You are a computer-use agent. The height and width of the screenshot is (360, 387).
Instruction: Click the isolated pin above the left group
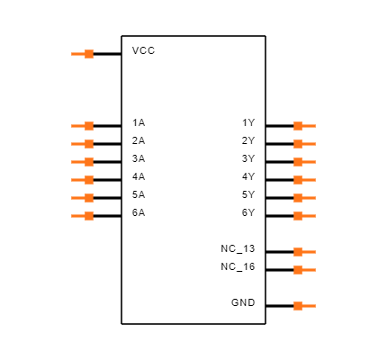point(83,54)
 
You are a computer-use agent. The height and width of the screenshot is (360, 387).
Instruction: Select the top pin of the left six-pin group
point(83,126)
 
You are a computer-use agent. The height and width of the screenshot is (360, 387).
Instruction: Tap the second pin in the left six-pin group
point(83,144)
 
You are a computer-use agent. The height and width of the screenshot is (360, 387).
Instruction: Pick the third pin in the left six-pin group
point(83,162)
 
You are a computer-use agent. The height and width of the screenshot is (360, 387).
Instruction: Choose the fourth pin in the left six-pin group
point(83,180)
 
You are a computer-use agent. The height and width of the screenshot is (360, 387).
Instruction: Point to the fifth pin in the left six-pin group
point(83,198)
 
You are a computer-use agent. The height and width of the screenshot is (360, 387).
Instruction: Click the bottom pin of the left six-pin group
point(83,216)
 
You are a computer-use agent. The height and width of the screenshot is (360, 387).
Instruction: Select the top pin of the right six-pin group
point(304,126)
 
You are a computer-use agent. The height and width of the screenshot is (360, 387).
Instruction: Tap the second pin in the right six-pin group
point(304,144)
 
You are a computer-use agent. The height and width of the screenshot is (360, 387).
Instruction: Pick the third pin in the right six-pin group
point(304,162)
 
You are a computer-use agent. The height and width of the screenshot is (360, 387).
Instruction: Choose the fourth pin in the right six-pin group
point(304,180)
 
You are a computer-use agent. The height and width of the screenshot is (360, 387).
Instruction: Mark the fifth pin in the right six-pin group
point(304,198)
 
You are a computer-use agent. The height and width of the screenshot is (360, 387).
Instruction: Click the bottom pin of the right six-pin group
point(304,216)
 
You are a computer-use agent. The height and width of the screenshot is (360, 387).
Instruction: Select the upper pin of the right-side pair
point(304,252)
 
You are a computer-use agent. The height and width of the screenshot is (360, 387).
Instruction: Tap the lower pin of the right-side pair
point(304,270)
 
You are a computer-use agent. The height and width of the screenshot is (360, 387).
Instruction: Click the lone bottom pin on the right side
point(304,306)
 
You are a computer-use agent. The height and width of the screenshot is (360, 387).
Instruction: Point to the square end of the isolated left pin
point(89,54)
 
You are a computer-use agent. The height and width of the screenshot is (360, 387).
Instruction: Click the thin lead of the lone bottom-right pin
point(310,306)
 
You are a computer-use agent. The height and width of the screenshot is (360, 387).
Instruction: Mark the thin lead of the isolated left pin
point(77,54)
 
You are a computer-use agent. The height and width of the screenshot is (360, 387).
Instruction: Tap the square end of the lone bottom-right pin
point(298,306)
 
